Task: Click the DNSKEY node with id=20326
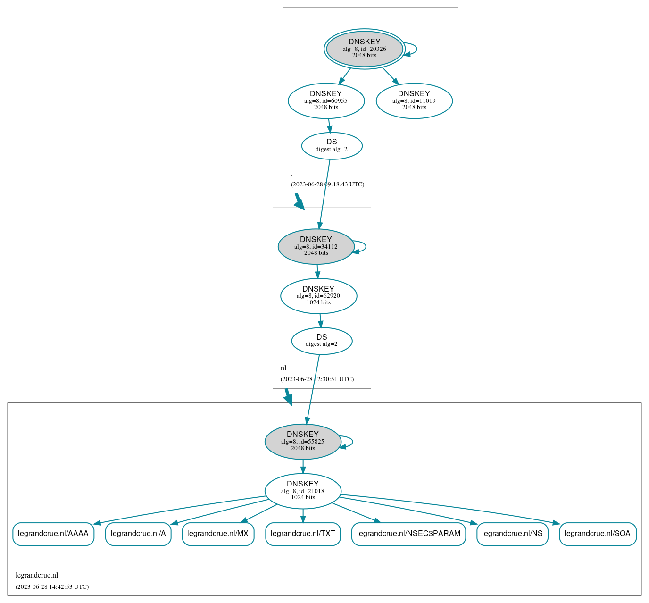pyautogui.click(x=364, y=49)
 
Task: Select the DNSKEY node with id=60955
pyautogui.click(x=326, y=100)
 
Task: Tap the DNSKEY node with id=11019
pyautogui.click(x=414, y=100)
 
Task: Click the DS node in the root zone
pyautogui.click(x=332, y=146)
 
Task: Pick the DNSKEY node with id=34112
pyautogui.click(x=316, y=246)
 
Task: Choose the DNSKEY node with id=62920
pyautogui.click(x=318, y=296)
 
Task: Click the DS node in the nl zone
pyautogui.click(x=322, y=341)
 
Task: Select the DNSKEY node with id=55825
pyautogui.click(x=303, y=442)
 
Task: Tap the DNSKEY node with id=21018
pyautogui.click(x=303, y=491)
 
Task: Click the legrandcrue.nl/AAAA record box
pyautogui.click(x=53, y=534)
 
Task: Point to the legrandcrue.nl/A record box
pyautogui.click(x=138, y=534)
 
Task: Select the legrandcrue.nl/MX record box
pyautogui.click(x=218, y=534)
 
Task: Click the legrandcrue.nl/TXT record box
pyautogui.click(x=303, y=534)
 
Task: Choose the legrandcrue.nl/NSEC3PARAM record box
pyautogui.click(x=408, y=534)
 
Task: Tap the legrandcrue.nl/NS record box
pyautogui.click(x=512, y=534)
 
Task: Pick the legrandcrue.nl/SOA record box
pyautogui.click(x=598, y=534)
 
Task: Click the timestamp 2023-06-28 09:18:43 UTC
pyautogui.click(x=327, y=184)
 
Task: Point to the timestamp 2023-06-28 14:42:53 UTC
pyautogui.click(x=52, y=587)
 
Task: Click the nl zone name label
pyautogui.click(x=283, y=368)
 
